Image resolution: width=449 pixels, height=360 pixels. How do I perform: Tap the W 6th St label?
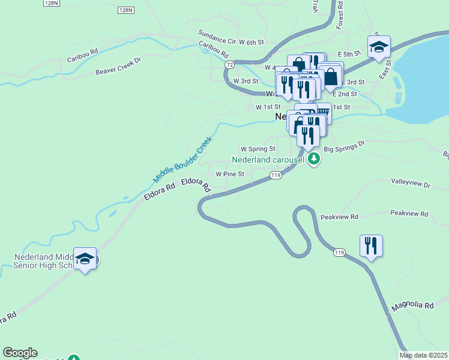tap(252, 42)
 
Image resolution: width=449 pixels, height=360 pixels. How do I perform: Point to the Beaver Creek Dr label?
tap(118, 66)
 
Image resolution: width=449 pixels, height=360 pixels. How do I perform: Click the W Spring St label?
tap(258, 148)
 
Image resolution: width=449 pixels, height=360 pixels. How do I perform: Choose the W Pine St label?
tap(230, 174)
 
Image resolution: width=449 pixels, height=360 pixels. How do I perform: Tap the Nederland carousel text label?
tap(269, 160)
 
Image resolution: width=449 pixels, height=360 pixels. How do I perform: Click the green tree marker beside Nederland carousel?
tap(313, 160)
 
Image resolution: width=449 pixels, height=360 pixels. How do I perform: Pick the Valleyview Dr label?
tap(411, 185)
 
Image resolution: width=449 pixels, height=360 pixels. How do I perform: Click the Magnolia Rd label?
tap(412, 306)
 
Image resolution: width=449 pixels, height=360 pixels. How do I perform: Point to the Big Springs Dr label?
tap(344, 145)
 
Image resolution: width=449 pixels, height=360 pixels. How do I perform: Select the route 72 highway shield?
tap(230, 64)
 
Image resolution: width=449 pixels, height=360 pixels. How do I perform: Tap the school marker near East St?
tap(379, 47)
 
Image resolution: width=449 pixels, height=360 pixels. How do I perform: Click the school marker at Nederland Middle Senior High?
tap(85, 259)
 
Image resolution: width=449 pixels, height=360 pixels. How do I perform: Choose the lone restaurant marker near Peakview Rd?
tap(370, 245)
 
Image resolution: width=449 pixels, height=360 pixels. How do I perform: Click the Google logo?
tap(20, 353)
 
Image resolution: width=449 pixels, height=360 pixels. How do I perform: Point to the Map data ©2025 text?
tap(423, 355)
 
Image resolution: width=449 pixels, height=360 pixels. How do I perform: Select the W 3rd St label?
tap(246, 80)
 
